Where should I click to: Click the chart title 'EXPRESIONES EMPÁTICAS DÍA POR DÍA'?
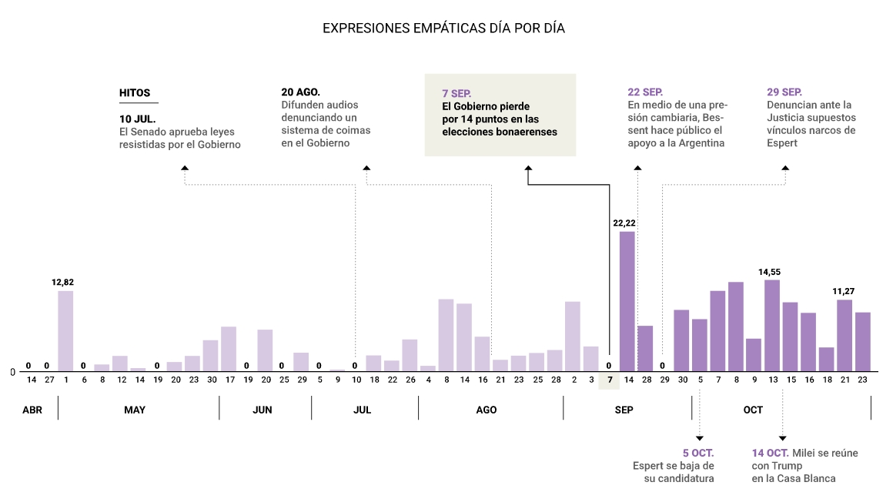pyautogui.click(x=443, y=28)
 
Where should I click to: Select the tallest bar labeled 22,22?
pyautogui.click(x=627, y=300)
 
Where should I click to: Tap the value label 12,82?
pyautogui.click(x=62, y=283)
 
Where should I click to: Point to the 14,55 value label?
pyautogui.click(x=771, y=272)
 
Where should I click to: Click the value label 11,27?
pyautogui.click(x=844, y=291)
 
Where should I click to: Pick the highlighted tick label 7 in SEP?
pyautogui.click(x=609, y=380)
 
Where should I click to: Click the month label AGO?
pyautogui.click(x=487, y=410)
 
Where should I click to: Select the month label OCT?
pyautogui.click(x=753, y=410)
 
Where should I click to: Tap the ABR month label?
pyautogui.click(x=32, y=410)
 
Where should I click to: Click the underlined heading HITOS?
pyautogui.click(x=135, y=92)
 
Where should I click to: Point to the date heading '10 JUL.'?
pyautogui.click(x=138, y=119)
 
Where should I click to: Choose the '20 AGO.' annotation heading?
pyautogui.click(x=300, y=92)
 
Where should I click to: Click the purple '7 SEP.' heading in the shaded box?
pyautogui.click(x=457, y=93)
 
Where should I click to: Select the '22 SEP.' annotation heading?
pyautogui.click(x=645, y=92)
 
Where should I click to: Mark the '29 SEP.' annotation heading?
pyautogui.click(x=784, y=92)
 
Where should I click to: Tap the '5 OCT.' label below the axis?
pyautogui.click(x=698, y=453)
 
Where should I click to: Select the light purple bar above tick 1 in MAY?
pyautogui.click(x=65, y=331)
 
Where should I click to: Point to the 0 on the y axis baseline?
pyautogui.click(x=12, y=373)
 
